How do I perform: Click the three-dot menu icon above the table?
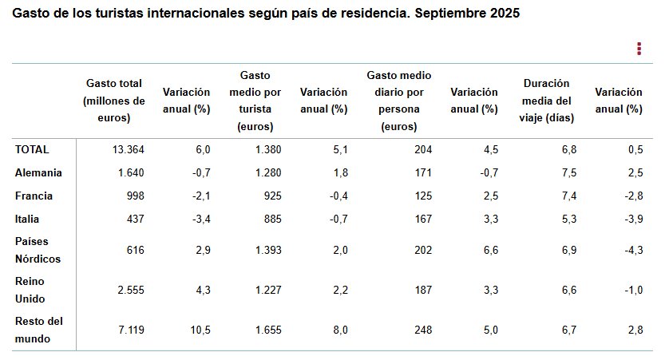point(639,49)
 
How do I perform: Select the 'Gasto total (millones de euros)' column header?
point(114,101)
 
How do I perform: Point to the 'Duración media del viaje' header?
point(547,101)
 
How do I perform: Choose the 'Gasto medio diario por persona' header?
point(399,101)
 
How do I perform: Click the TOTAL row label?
point(32,149)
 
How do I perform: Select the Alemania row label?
point(38,172)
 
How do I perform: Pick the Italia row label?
point(27,219)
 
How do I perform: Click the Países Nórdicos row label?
point(38,250)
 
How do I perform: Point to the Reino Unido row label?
point(31,290)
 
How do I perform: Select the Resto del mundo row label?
point(38,330)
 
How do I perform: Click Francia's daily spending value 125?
point(422,196)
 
